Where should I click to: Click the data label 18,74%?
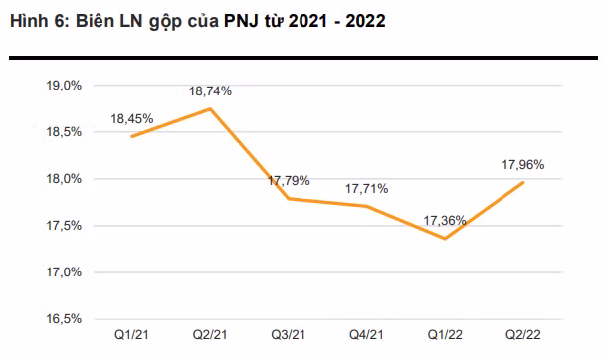pyautogui.click(x=210, y=91)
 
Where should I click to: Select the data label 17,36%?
pyautogui.click(x=444, y=221)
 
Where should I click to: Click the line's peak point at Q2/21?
pyautogui.click(x=209, y=108)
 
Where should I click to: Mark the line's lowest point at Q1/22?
pyautogui.click(x=445, y=239)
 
